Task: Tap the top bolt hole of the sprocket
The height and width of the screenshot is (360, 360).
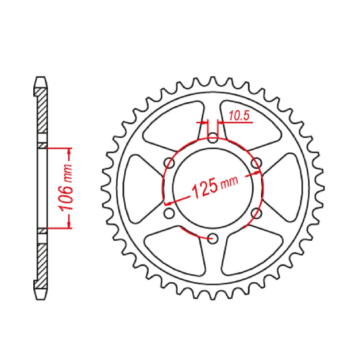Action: point(213,138)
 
